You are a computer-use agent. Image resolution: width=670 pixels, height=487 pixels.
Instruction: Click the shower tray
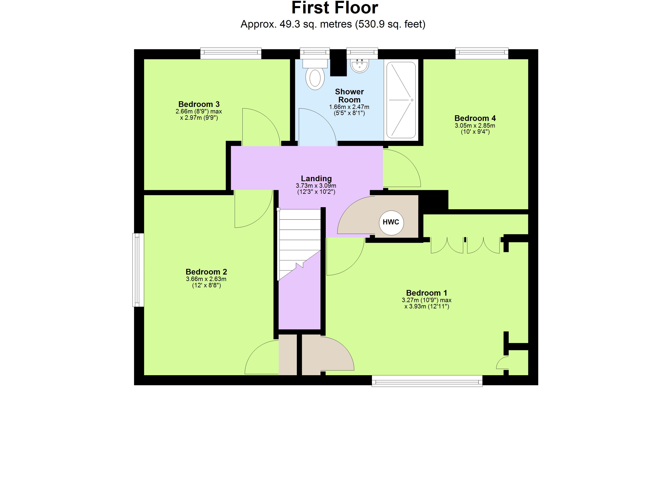click(x=401, y=100)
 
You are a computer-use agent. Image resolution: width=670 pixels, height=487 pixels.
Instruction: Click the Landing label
click(x=316, y=178)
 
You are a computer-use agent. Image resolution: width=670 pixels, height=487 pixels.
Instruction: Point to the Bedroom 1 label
click(x=426, y=293)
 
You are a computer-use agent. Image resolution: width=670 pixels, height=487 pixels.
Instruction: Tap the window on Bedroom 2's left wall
click(x=138, y=270)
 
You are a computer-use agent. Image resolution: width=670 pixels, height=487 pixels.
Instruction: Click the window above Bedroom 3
click(x=231, y=53)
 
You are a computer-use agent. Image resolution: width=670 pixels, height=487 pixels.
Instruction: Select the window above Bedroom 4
click(x=482, y=53)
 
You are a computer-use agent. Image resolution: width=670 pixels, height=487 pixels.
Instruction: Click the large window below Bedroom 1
click(x=427, y=381)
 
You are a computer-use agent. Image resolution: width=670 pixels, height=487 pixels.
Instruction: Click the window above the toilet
click(x=315, y=53)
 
